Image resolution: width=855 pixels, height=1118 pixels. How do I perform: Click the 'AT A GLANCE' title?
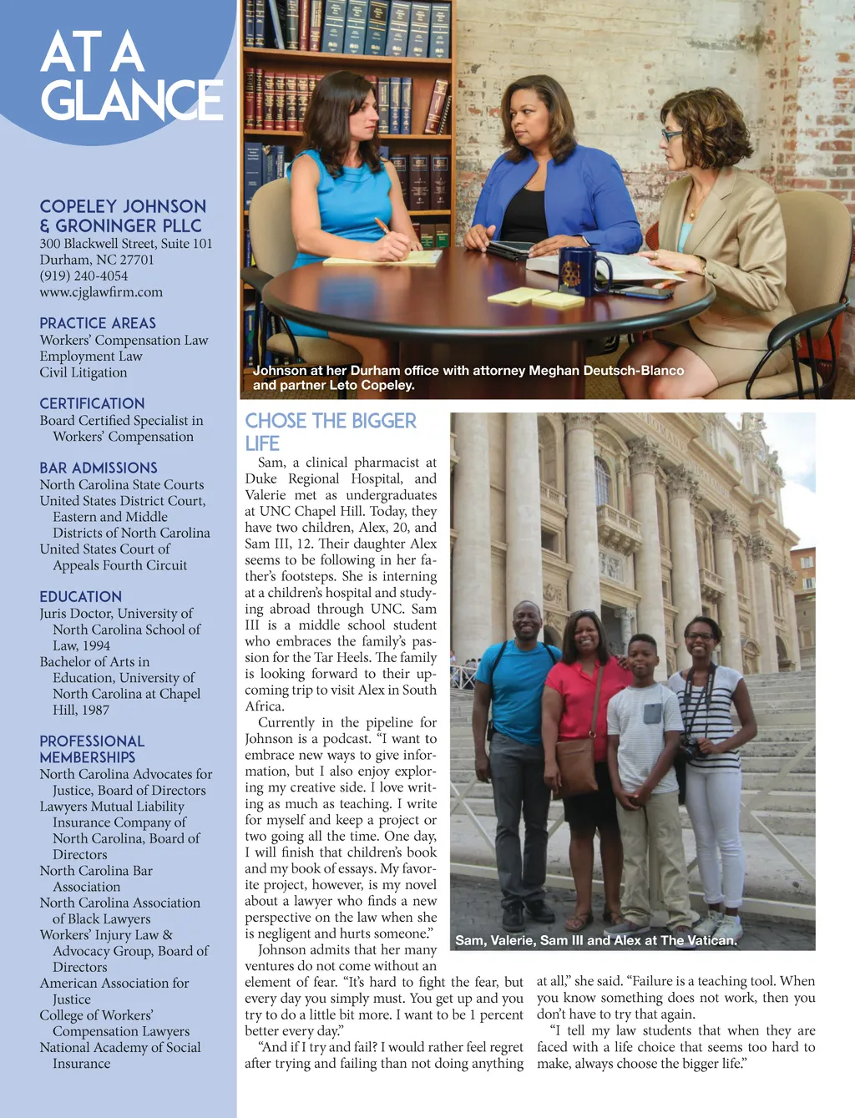pyautogui.click(x=131, y=76)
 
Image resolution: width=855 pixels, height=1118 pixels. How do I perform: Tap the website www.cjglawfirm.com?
pyautogui.click(x=101, y=292)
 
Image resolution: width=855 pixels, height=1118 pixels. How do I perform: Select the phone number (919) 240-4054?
pyautogui.click(x=83, y=276)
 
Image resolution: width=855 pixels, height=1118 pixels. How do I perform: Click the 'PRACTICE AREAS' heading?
pyautogui.click(x=98, y=323)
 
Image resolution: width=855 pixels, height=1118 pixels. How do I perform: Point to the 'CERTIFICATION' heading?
pyautogui.click(x=92, y=403)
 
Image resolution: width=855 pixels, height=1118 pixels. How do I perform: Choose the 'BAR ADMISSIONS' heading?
pyautogui.click(x=99, y=468)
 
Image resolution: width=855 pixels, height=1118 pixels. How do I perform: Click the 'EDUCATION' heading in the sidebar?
pyautogui.click(x=81, y=596)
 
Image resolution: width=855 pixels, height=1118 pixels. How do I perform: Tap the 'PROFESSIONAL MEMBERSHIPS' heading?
pyautogui.click(x=92, y=749)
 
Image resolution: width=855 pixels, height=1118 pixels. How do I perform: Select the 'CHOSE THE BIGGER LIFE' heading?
pyautogui.click(x=330, y=431)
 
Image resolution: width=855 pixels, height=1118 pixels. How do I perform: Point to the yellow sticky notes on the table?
pyautogui.click(x=534, y=296)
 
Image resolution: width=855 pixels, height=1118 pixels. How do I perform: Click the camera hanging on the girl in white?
pyautogui.click(x=690, y=751)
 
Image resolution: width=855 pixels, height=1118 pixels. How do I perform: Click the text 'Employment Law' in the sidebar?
pyautogui.click(x=91, y=357)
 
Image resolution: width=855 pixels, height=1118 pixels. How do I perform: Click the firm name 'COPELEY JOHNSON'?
pyautogui.click(x=123, y=206)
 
